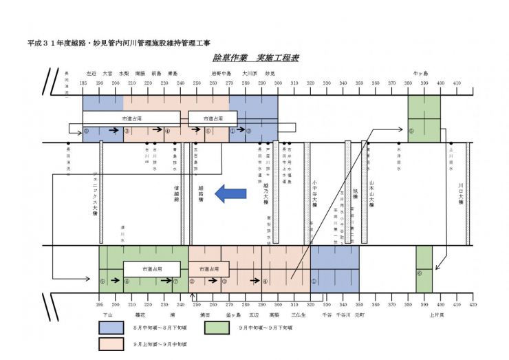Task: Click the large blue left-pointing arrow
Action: tap(230, 194)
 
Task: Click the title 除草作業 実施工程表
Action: tap(256, 58)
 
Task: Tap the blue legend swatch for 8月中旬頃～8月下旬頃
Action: tap(111, 327)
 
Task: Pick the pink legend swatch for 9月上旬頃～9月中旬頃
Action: tap(111, 342)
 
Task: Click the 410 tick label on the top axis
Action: tap(457, 83)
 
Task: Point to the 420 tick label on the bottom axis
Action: tap(473, 304)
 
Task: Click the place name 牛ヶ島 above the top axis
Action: tap(420, 73)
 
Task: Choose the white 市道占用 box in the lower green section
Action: tap(151, 269)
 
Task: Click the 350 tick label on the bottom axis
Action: tap(359, 304)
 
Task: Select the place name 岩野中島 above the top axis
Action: tap(221, 73)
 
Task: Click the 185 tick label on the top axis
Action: tap(83, 83)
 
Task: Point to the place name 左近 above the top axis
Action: tap(91, 73)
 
